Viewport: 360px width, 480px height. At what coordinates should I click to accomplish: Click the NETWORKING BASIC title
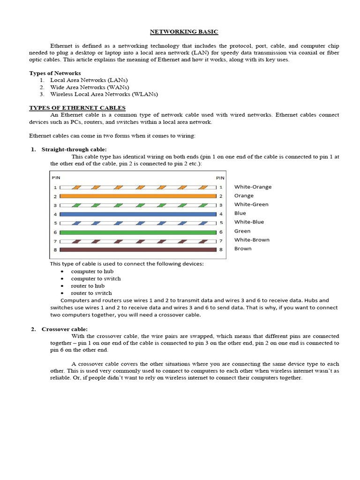(x=184, y=32)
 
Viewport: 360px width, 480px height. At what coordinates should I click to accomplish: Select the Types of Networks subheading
(x=55, y=73)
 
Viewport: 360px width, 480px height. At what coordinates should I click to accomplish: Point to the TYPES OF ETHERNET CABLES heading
(x=77, y=108)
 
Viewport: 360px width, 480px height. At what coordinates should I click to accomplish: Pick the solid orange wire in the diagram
(x=138, y=196)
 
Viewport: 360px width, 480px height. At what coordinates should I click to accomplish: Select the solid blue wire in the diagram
(x=138, y=214)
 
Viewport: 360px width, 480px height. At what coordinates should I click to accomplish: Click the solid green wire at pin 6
(x=138, y=232)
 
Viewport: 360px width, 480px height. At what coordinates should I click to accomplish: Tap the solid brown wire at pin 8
(x=138, y=250)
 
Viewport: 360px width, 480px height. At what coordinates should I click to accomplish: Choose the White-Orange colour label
(x=253, y=187)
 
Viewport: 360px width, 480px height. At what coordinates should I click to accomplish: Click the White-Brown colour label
(x=252, y=240)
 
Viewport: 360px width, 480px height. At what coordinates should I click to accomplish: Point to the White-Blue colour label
(x=249, y=222)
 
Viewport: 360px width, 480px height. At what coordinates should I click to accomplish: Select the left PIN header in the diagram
(x=56, y=178)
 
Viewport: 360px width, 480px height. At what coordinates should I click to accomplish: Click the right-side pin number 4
(x=221, y=214)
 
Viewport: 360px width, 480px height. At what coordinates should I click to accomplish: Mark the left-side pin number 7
(x=55, y=241)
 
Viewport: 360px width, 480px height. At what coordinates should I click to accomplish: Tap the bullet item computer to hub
(x=92, y=271)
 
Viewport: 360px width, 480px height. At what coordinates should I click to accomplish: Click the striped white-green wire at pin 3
(x=138, y=205)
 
